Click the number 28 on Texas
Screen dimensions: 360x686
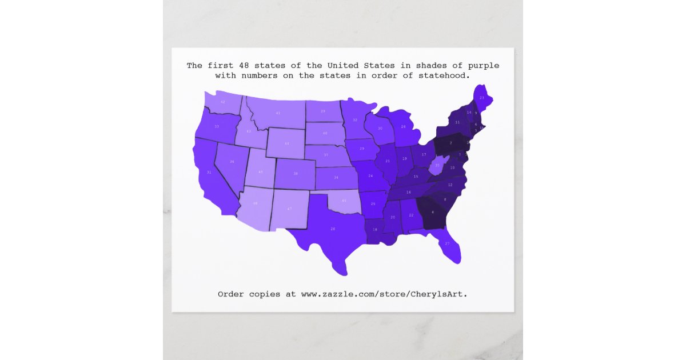[333, 229]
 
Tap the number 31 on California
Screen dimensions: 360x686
[209, 172]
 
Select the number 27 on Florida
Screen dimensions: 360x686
[447, 243]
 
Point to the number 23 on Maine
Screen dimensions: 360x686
[482, 98]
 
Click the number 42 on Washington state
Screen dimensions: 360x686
[223, 102]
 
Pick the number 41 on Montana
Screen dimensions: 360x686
[278, 113]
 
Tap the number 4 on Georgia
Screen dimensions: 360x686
[433, 213]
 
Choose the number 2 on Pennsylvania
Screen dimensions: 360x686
[451, 142]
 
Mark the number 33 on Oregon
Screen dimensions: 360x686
[217, 126]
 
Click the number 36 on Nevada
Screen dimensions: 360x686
[232, 162]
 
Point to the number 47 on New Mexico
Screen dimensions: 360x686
[289, 209]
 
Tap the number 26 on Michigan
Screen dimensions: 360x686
[403, 126]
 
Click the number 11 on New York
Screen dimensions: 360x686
[457, 122]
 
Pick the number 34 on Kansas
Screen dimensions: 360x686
[336, 178]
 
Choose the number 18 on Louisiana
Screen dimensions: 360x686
[375, 229]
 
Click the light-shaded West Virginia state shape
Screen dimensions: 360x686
[438, 166]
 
